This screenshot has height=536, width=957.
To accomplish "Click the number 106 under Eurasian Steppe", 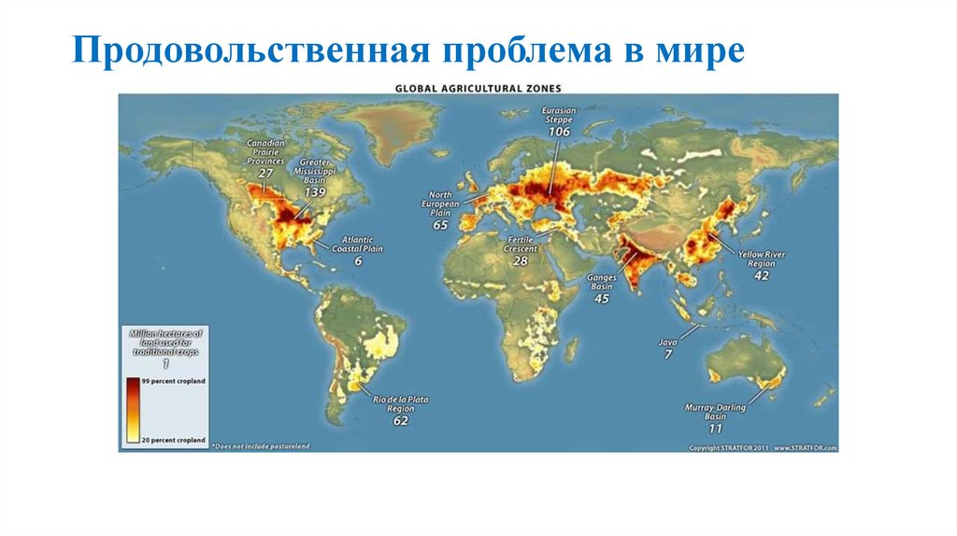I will [559, 133].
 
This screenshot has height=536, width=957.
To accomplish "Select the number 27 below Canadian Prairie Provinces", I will [265, 173].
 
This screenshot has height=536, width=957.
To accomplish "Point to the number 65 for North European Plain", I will [440, 225].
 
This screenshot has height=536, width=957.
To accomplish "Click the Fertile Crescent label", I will [521, 245].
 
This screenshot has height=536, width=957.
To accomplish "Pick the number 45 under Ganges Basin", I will [601, 298].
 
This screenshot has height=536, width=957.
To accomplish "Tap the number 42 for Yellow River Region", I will [762, 275].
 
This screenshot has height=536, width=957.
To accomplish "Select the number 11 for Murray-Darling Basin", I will [715, 429].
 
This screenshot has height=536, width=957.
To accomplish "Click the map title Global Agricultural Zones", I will [478, 88].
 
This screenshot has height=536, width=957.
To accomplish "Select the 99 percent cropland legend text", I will [174, 383].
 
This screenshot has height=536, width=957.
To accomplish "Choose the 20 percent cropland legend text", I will [174, 438].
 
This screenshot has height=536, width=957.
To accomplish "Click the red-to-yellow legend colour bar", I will [132, 409].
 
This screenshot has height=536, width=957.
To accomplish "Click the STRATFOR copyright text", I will [763, 448].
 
